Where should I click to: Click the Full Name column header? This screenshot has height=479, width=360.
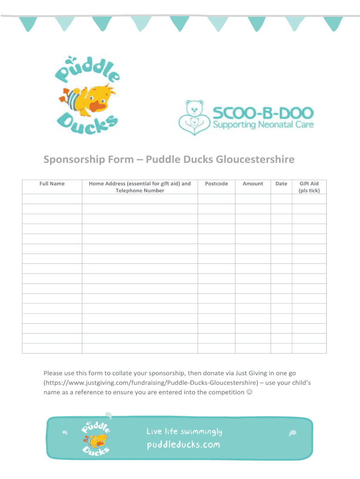pyautogui.click(x=52, y=184)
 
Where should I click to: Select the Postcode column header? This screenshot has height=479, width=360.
pyautogui.click(x=216, y=184)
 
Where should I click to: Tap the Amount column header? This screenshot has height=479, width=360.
pyautogui.click(x=253, y=184)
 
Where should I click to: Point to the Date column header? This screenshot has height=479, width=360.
pyautogui.click(x=281, y=184)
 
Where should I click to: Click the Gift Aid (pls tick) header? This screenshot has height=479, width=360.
pyautogui.click(x=309, y=187)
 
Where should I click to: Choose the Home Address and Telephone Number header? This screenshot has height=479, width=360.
pyautogui.click(x=140, y=187)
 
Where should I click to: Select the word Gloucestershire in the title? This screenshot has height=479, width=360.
pyautogui.click(x=255, y=160)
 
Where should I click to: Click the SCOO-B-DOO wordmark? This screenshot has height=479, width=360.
pyautogui.click(x=263, y=113)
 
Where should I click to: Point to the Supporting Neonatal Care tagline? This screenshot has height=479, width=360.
pyautogui.click(x=263, y=125)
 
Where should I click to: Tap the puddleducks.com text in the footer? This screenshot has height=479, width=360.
pyautogui.click(x=183, y=444)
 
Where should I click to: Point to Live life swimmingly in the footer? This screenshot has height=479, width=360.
pyautogui.click(x=184, y=431)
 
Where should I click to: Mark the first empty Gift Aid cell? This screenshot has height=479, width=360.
pyautogui.click(x=309, y=199)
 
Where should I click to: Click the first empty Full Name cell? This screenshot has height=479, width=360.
pyautogui.click(x=52, y=199)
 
